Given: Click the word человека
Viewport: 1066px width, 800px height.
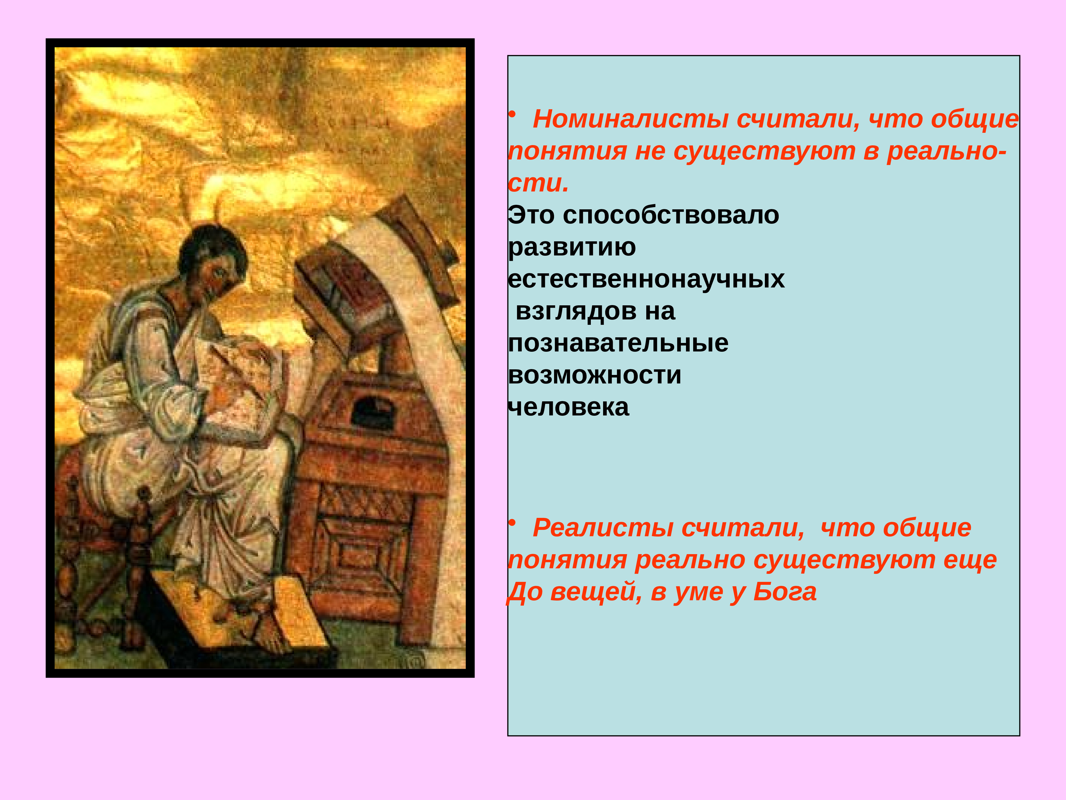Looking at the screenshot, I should click(x=569, y=407).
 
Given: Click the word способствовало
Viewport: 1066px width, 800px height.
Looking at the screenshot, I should click(x=670, y=215).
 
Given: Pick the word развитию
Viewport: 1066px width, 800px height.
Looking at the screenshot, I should click(x=572, y=247).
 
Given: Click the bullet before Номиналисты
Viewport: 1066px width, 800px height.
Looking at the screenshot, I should click(x=513, y=114).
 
